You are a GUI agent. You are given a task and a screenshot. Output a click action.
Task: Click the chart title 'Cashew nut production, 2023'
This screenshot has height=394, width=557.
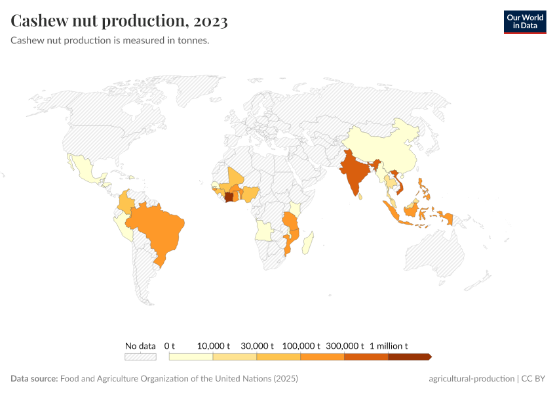pos(119,21)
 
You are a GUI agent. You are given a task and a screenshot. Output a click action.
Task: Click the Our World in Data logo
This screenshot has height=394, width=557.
pos(524,22)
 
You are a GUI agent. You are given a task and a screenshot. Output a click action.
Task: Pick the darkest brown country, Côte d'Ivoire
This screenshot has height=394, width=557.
pos(229,196)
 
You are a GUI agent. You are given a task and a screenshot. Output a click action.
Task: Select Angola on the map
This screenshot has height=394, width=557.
pos(265,230)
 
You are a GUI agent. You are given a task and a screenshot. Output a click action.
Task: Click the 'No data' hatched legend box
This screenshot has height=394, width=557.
pos(140,357)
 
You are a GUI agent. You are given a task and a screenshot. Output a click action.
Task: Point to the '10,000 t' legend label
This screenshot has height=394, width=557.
pos(214,345)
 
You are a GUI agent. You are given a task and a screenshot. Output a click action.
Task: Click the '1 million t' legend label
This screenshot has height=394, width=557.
pos(389,345)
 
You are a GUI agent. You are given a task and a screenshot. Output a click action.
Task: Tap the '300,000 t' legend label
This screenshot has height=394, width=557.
pos(345,345)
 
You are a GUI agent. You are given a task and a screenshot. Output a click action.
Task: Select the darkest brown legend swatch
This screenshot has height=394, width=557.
pos(409,357)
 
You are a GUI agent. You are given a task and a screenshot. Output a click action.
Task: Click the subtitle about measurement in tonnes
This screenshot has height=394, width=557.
pos(110,41)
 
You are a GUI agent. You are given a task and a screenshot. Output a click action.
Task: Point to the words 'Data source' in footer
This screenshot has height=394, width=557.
pos(34,379)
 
